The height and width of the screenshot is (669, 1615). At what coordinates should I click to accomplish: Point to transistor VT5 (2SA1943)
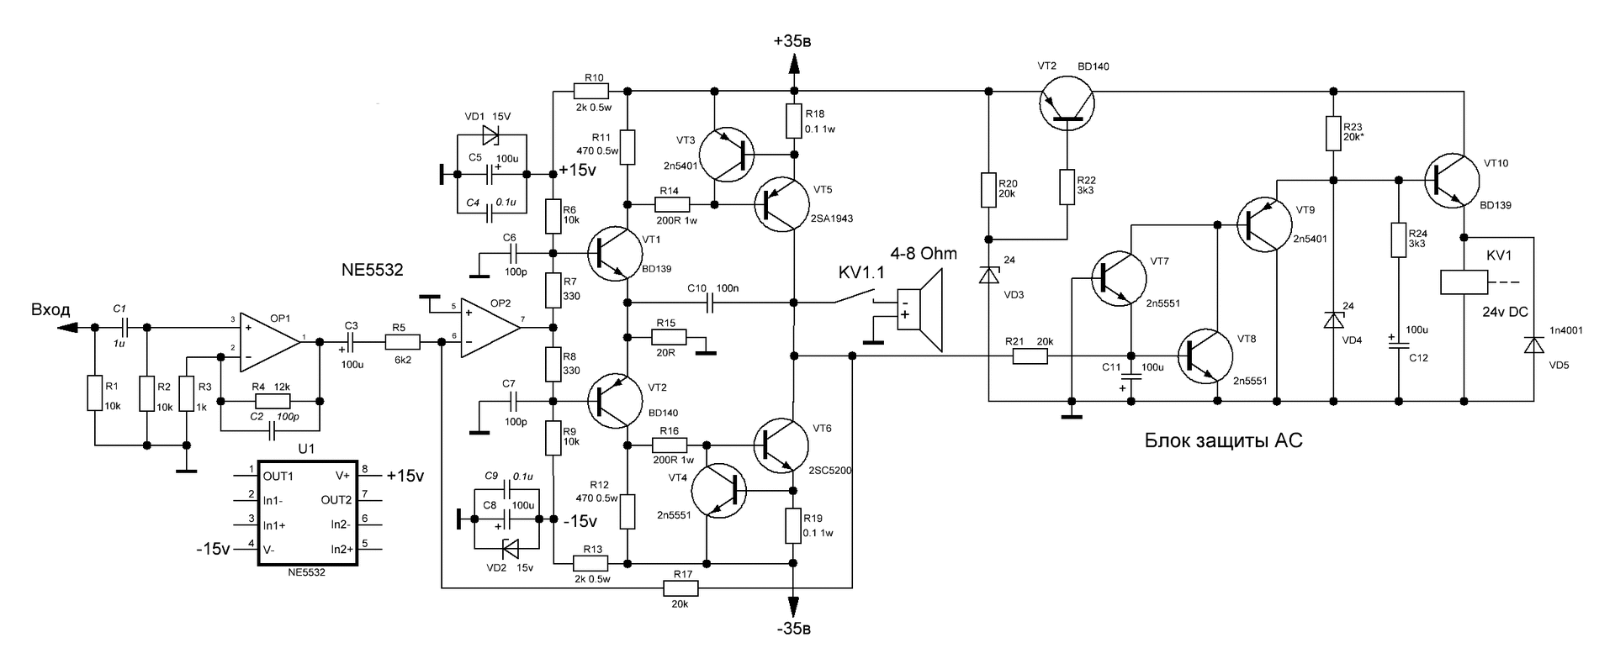tap(781, 204)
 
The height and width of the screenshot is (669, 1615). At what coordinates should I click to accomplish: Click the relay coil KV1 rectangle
tap(1464, 282)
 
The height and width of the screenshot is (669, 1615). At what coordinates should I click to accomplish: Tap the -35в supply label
tap(793, 629)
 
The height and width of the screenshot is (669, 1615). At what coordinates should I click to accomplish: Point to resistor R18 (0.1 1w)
tap(793, 120)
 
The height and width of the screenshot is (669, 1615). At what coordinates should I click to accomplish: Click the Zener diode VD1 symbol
tap(491, 134)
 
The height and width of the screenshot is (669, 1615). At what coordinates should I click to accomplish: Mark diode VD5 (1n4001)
tap(1533, 345)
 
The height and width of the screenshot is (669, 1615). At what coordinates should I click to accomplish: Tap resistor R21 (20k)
tap(1030, 356)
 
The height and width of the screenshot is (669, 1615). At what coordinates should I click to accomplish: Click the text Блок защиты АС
tap(1223, 440)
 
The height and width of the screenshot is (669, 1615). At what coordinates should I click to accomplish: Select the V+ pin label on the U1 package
tap(342, 475)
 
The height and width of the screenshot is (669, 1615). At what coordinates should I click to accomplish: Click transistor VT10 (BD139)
tap(1453, 180)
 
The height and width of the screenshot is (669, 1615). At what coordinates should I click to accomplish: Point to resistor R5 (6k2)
tap(402, 341)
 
